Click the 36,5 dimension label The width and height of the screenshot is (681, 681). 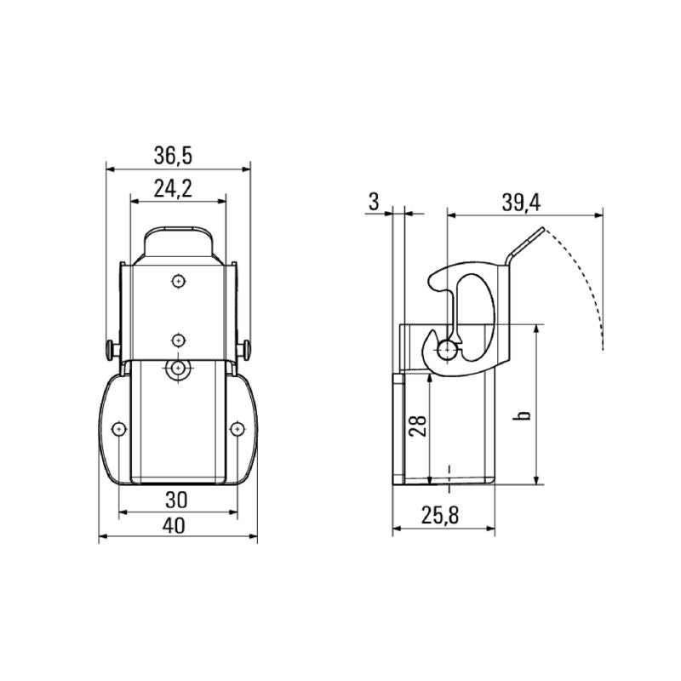pos(173,156)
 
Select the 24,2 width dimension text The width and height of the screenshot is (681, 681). pos(173,188)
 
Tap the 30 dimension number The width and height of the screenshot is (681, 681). pos(176,500)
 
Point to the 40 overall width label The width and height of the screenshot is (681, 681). pos(174,525)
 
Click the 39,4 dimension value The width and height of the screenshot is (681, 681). pos(521,203)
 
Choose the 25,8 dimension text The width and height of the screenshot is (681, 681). pos(440,515)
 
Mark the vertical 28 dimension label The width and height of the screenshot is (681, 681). pos(418,426)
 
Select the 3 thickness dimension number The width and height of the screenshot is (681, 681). pos(374,202)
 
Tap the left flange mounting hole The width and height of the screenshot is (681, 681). pos(119,429)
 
